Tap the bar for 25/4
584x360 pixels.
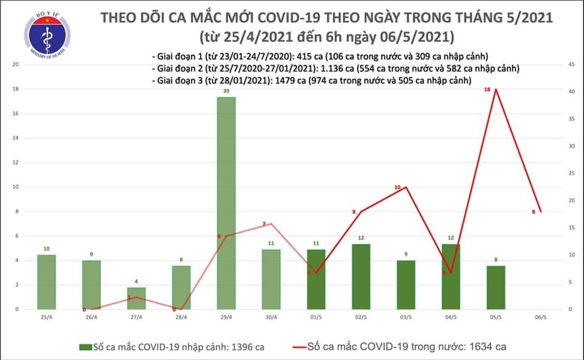[x=46, y=282]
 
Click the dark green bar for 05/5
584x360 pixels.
[x=496, y=287]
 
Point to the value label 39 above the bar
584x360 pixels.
[x=226, y=91]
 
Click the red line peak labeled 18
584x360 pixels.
[x=496, y=89]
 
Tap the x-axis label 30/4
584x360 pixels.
[x=271, y=317]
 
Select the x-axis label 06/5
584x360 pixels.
[x=541, y=317]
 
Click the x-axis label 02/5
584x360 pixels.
[x=361, y=317]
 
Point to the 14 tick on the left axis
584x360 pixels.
[x=15, y=138]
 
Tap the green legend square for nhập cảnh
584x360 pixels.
[x=84, y=347]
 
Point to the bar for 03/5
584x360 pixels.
[x=406, y=285]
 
